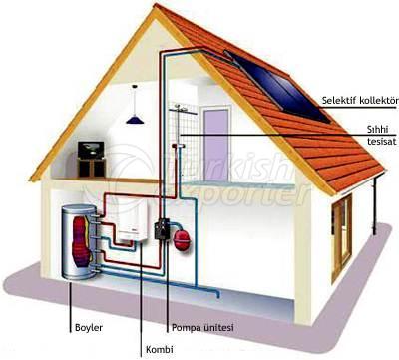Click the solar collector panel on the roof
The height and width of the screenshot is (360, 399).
coord(280,88)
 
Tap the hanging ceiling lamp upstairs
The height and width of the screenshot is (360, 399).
coord(134,119)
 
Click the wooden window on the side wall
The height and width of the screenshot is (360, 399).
coord(342,223)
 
